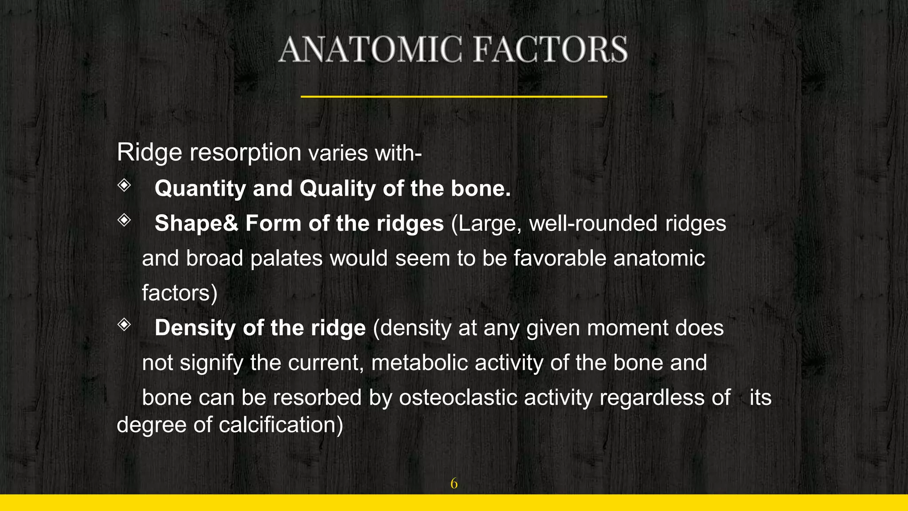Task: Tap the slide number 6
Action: click(x=454, y=483)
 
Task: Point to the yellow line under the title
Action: click(x=454, y=96)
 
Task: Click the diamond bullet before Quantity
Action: click(x=124, y=185)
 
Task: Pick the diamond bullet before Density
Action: click(x=124, y=325)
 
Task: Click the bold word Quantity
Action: click(x=200, y=189)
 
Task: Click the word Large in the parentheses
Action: click(x=486, y=223)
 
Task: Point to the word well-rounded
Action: click(x=593, y=223)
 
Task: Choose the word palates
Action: click(x=286, y=258)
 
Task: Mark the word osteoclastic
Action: click(x=458, y=397)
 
